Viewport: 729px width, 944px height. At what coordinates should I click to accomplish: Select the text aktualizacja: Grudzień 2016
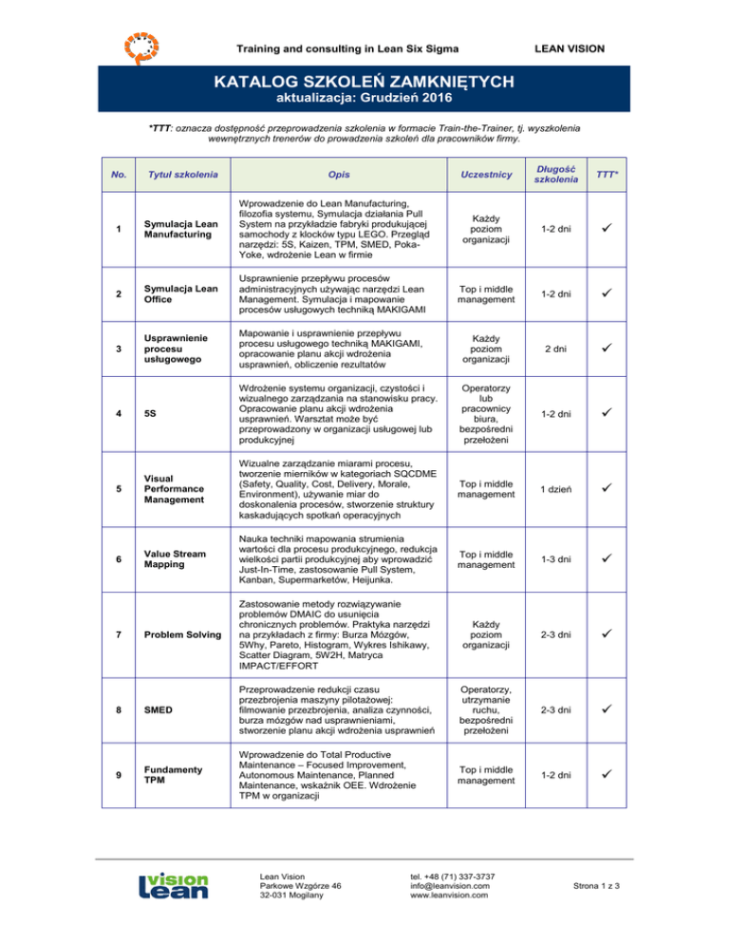[364, 99]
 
